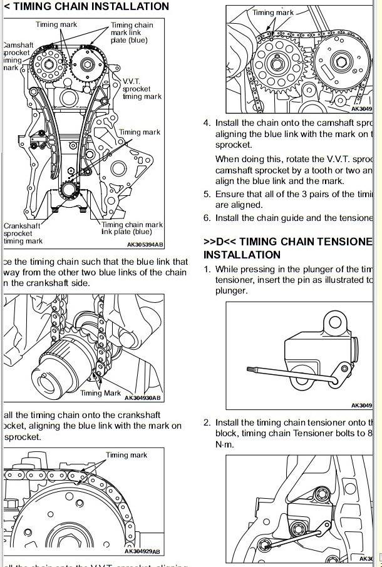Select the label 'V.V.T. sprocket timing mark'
click(x=142, y=89)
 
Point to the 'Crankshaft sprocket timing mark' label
click(x=23, y=233)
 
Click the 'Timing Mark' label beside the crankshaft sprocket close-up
click(x=100, y=393)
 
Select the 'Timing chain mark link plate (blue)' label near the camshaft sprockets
click(x=132, y=33)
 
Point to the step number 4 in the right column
click(x=207, y=123)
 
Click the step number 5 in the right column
click(x=207, y=194)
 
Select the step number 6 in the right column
click(x=207, y=218)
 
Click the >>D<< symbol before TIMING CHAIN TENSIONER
click(x=220, y=242)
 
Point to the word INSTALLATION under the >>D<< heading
click(x=242, y=255)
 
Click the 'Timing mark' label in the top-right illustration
click(x=273, y=13)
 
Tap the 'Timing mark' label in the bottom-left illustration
click(x=126, y=455)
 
